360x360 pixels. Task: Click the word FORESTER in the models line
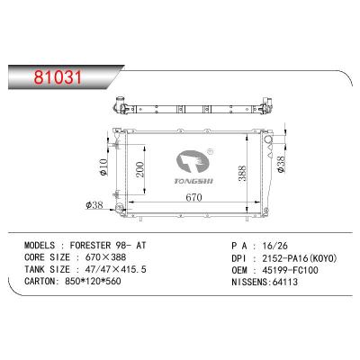(x=95, y=243)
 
